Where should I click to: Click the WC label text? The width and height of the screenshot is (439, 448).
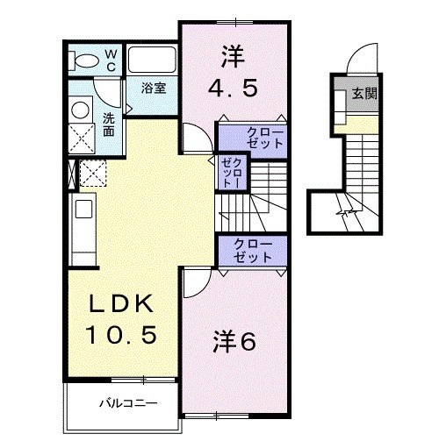click(112, 60)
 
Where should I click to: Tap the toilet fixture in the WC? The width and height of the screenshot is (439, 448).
click(87, 60)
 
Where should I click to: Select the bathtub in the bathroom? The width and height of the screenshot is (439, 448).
click(153, 60)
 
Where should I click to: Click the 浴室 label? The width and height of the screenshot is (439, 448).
click(155, 88)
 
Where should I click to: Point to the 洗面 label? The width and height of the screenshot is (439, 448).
click(108, 124)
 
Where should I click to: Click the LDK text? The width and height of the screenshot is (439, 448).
click(124, 304)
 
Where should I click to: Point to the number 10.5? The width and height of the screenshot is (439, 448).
click(124, 334)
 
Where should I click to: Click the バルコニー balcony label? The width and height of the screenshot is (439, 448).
click(126, 403)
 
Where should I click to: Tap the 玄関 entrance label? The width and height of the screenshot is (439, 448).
click(364, 92)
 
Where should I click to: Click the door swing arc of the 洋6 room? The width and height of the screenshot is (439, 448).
click(195, 282)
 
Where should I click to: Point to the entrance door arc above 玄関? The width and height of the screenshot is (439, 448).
click(360, 61)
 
